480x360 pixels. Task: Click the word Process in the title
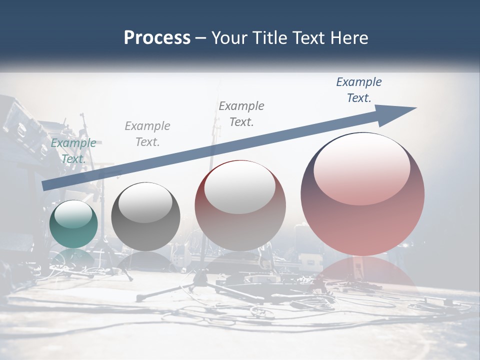[157, 38]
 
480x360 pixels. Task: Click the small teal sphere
[73, 224]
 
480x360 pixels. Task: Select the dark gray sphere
[145, 218]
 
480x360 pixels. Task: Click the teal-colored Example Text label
[73, 151]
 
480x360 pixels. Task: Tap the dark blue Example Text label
[359, 90]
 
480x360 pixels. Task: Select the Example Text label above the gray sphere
[147, 134]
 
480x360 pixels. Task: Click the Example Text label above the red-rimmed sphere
[241, 113]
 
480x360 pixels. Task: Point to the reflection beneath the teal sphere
[73, 258]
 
